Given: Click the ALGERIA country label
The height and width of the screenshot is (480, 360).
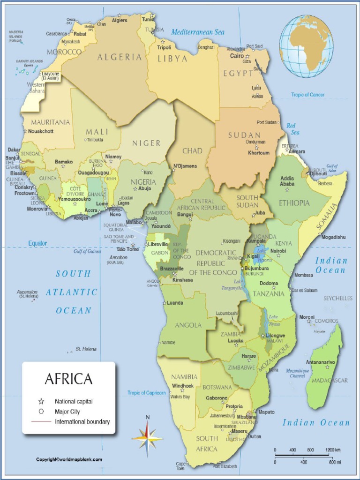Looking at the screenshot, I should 120,57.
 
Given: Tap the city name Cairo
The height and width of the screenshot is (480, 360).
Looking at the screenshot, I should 236,56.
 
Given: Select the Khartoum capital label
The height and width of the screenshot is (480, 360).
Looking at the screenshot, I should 259,153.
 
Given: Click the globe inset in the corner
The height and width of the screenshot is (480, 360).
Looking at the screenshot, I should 306,46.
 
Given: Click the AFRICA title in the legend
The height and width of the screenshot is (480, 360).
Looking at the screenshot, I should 68,379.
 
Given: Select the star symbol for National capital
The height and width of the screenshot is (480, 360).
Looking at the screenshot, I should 41,402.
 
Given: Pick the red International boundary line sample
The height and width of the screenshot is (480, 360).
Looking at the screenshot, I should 41,422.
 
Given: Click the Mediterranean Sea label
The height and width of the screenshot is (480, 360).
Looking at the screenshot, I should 197,32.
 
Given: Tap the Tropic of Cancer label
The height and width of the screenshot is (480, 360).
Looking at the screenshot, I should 307,95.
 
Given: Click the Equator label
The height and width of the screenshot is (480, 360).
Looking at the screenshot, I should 37,243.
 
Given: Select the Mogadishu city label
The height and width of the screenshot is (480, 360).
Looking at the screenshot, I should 333,237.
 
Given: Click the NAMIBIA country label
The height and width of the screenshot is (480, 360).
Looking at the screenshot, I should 184,377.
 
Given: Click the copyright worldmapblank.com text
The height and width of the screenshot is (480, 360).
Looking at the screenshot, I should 69,460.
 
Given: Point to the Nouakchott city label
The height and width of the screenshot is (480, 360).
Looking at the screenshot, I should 40,131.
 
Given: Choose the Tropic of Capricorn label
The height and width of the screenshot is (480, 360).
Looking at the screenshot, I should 147,393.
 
